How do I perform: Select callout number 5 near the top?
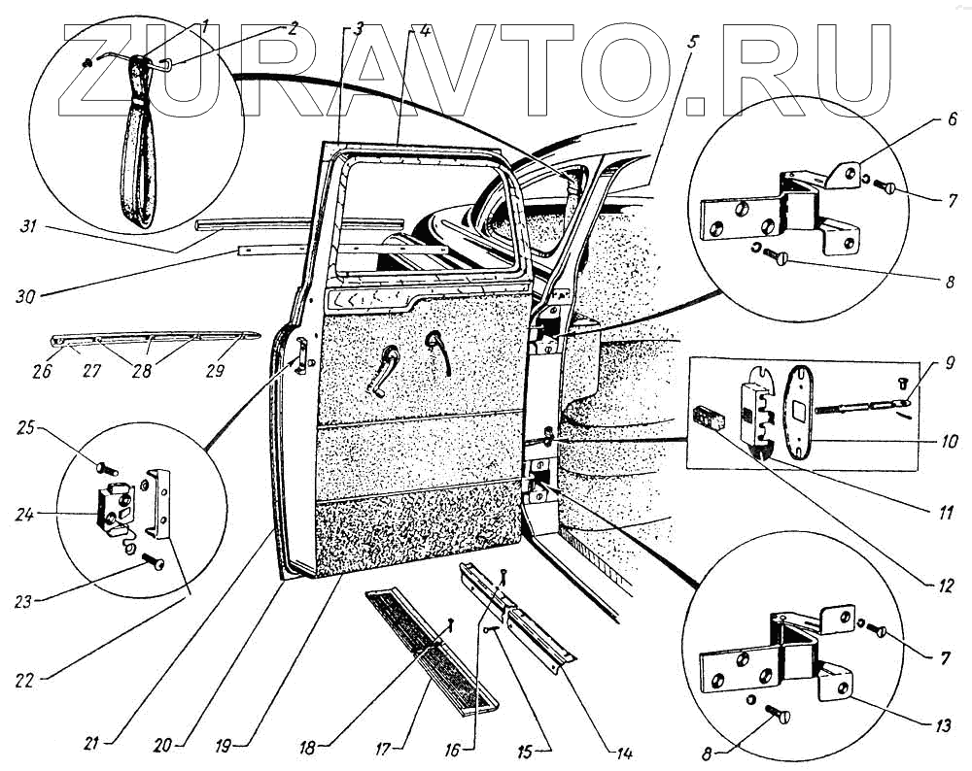click(x=692, y=42)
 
